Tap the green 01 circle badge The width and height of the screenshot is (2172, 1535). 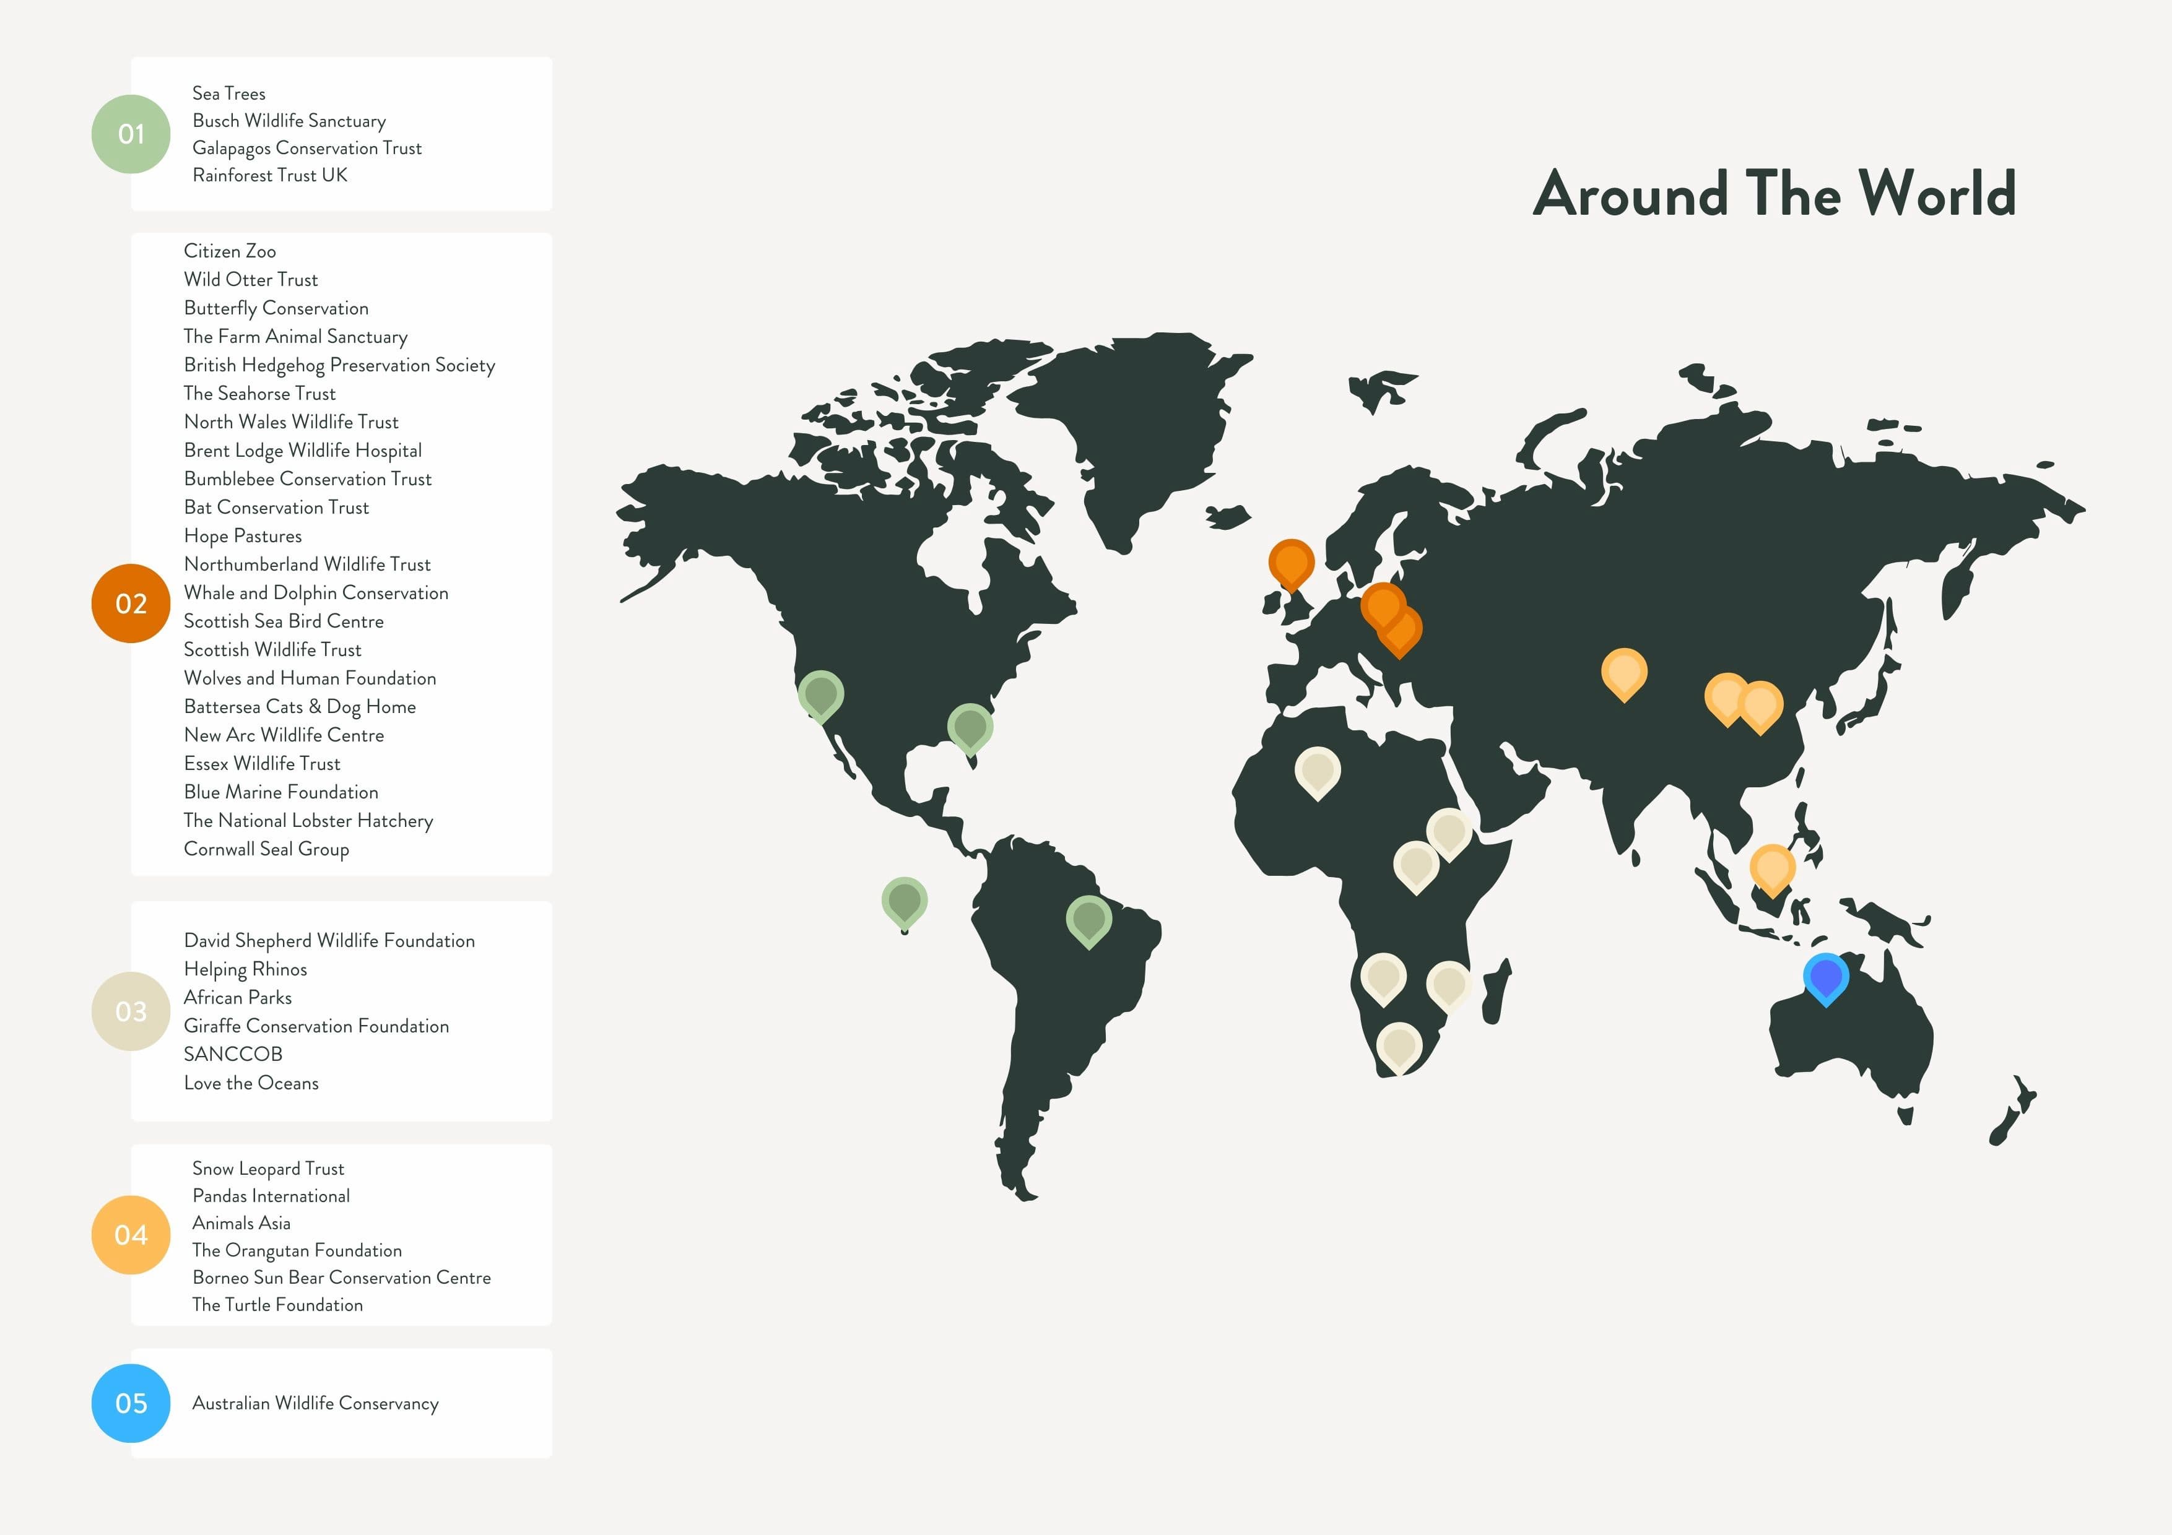[131, 134]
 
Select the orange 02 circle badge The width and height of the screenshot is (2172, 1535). [131, 603]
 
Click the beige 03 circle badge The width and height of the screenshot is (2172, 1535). [131, 1011]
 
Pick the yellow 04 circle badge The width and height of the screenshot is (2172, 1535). [131, 1234]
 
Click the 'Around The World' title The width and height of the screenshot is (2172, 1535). [1774, 194]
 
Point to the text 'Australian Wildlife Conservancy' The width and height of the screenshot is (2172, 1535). [315, 1404]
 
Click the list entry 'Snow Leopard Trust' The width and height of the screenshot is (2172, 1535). [267, 1169]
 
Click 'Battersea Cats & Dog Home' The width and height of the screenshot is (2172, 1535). [299, 706]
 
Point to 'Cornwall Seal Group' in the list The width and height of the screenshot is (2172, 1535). [266, 849]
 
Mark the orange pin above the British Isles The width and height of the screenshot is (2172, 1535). [1290, 562]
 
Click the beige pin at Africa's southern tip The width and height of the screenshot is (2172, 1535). [1398, 1045]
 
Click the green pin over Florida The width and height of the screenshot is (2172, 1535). [970, 727]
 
